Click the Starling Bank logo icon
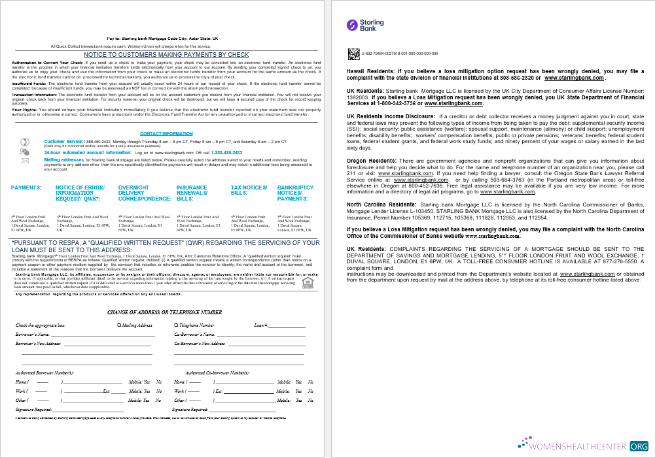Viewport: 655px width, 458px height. tap(353, 25)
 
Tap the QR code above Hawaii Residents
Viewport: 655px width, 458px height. tap(355, 53)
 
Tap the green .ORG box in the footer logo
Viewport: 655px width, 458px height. tap(638, 446)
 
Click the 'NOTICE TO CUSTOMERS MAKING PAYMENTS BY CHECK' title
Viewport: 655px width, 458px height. tap(166, 55)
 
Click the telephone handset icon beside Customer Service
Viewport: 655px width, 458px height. tap(26, 141)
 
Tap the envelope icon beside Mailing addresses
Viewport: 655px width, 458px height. tap(26, 161)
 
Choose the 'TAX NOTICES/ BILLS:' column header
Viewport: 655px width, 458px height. tap(249, 190)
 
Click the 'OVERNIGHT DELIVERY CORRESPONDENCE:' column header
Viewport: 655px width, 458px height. tap(144, 193)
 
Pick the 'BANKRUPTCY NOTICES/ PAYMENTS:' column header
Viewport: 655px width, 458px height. tap(295, 193)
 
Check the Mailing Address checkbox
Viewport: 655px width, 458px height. tap(118, 325)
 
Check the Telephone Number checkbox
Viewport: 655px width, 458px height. tap(176, 325)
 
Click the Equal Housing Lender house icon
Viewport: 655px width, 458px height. tap(307, 281)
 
